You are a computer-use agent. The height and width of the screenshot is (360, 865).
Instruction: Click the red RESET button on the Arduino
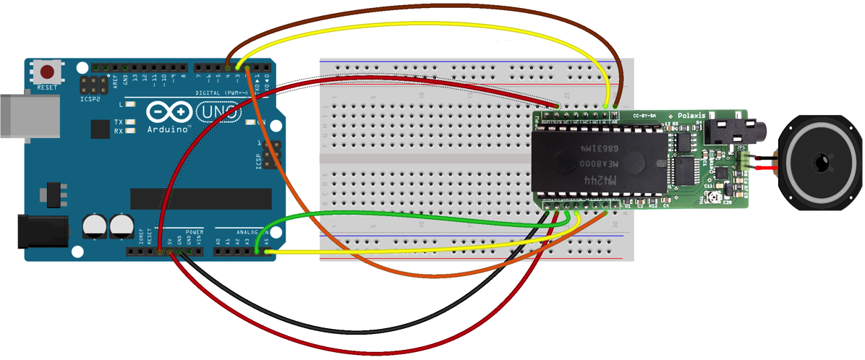point(48,72)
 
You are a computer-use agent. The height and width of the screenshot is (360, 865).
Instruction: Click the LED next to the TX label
point(131,122)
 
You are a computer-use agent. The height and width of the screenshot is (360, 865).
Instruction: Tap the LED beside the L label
point(131,105)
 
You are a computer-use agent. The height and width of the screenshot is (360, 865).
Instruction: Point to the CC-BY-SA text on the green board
point(646,115)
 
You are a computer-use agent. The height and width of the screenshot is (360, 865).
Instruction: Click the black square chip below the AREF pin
point(101,129)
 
